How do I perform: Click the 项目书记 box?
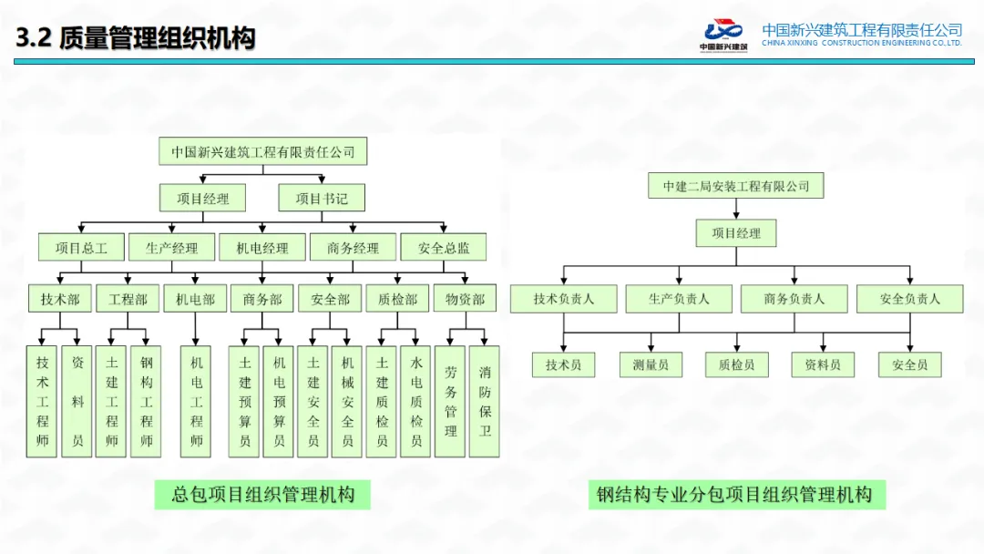322,198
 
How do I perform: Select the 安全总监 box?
445,247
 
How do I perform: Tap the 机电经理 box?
262,247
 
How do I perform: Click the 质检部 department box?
397,299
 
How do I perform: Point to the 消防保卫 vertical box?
485,401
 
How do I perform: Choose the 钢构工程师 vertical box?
147,401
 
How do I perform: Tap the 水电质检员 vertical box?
416,401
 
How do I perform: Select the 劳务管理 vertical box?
451,401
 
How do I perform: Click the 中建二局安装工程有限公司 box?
736,186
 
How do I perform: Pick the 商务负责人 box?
794,299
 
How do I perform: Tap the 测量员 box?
651,364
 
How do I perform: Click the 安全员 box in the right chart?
909,364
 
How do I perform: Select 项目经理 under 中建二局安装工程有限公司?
736,233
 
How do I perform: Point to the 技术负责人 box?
564,299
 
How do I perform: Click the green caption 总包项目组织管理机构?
263,495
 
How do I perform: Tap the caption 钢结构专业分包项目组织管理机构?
736,495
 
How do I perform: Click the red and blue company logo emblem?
723,30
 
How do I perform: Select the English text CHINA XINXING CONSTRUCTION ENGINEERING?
861,43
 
